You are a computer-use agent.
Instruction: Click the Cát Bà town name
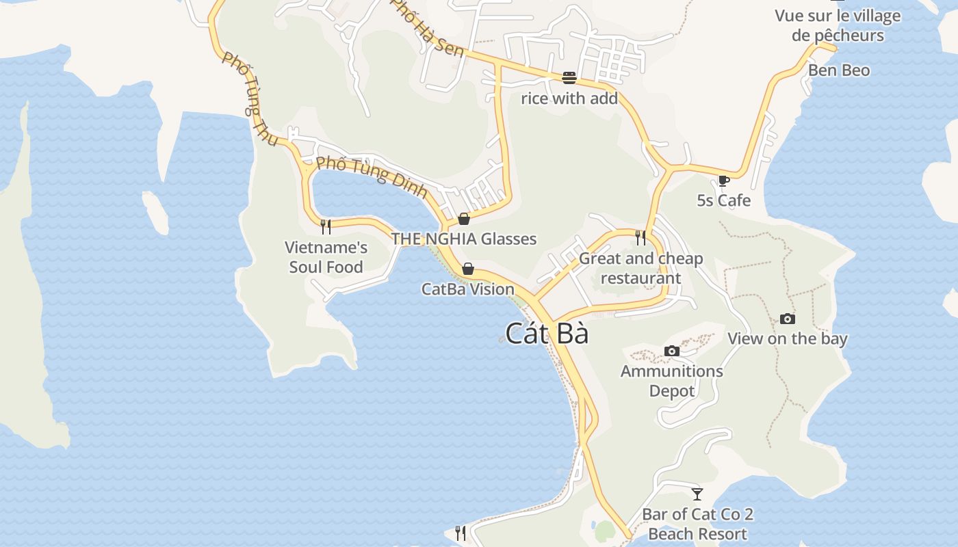click(547, 334)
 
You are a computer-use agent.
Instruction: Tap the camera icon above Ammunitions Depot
click(672, 351)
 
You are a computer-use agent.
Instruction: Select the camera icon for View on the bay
click(788, 319)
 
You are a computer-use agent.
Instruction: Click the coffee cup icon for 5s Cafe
click(724, 181)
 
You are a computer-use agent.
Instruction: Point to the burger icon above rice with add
click(569, 78)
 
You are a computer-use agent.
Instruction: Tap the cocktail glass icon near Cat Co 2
click(697, 494)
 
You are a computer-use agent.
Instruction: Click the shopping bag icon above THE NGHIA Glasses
click(464, 219)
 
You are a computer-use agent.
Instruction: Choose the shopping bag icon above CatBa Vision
click(468, 269)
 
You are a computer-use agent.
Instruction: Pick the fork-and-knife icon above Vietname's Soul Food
click(326, 226)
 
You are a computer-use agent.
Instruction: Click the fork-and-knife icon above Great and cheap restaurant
click(640, 237)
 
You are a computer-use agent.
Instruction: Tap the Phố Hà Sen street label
click(426, 29)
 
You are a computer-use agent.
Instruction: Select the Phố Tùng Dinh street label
click(372, 177)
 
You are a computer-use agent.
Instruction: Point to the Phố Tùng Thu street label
click(250, 100)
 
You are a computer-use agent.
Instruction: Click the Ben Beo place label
click(839, 70)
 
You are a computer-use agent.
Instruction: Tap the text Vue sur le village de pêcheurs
click(838, 25)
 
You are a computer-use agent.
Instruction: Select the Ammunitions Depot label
click(672, 381)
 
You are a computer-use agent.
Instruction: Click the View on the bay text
click(788, 338)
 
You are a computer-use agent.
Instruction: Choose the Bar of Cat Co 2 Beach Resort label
click(697, 524)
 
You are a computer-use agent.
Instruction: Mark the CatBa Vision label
click(468, 289)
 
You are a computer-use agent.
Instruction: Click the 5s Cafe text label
click(724, 200)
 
